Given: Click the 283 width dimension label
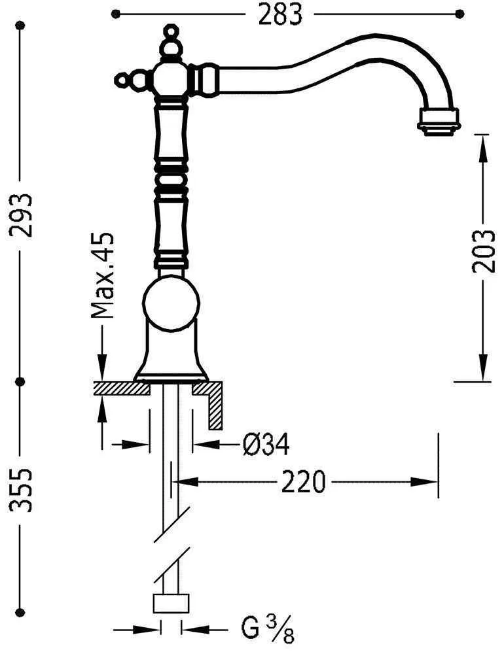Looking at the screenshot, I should click(280, 14).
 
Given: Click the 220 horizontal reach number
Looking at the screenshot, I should click(303, 483).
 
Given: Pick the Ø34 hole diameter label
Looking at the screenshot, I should click(265, 445).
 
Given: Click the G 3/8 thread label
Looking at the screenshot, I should click(267, 632).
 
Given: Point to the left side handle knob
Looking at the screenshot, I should click(122, 80).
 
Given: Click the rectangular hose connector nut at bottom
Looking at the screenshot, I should click(171, 604).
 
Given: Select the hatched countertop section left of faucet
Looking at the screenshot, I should click(122, 388).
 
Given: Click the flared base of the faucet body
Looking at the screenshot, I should click(170, 356).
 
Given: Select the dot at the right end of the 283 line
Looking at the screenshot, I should click(459, 13).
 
